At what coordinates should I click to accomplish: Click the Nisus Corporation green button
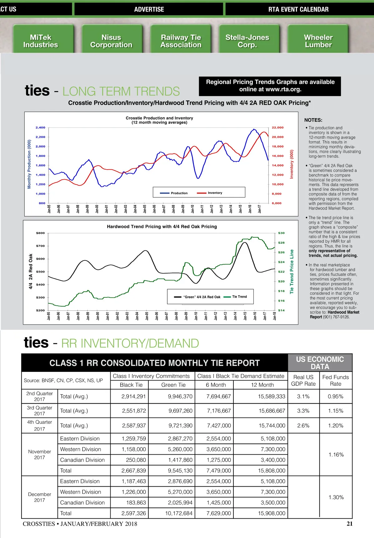(x=111, y=41)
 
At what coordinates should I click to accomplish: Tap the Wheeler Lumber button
(x=318, y=41)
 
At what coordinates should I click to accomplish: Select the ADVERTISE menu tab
(x=149, y=9)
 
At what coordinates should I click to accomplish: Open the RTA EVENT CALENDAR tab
(x=298, y=9)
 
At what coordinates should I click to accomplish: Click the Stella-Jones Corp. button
(x=247, y=41)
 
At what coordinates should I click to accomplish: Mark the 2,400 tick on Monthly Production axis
(x=41, y=128)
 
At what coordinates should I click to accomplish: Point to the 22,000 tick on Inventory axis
(x=277, y=128)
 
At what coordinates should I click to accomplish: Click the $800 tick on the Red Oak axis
(x=41, y=233)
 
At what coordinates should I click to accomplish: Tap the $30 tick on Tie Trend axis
(x=281, y=233)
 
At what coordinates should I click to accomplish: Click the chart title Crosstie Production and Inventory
(x=159, y=118)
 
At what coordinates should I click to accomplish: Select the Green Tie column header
(x=173, y=385)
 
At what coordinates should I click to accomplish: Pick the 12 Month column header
(x=262, y=385)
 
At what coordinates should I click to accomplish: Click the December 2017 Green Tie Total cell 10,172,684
(x=179, y=513)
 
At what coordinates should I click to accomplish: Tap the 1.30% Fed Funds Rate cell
(x=336, y=497)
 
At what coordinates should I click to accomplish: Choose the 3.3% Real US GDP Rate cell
(x=303, y=411)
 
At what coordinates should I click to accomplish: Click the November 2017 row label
(x=40, y=454)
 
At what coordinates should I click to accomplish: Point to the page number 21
(x=349, y=524)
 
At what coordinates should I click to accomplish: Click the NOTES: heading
(x=313, y=120)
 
